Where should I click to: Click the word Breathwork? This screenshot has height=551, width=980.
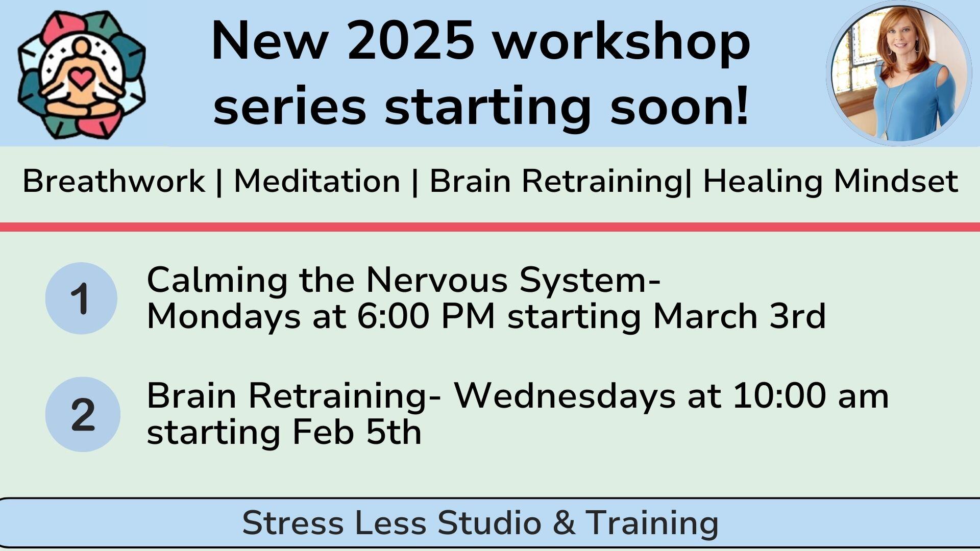tap(113, 181)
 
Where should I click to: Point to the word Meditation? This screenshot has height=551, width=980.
tap(317, 181)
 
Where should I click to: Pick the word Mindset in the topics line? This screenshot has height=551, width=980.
tap(895, 181)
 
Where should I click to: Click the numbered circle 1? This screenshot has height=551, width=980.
tap(81, 298)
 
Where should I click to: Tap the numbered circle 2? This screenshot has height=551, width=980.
tap(83, 414)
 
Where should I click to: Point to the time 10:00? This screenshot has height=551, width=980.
tap(779, 396)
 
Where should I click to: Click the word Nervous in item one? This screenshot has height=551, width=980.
tap(437, 280)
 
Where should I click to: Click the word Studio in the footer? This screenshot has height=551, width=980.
tap(489, 523)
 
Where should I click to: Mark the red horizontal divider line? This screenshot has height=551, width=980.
tap(490, 227)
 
